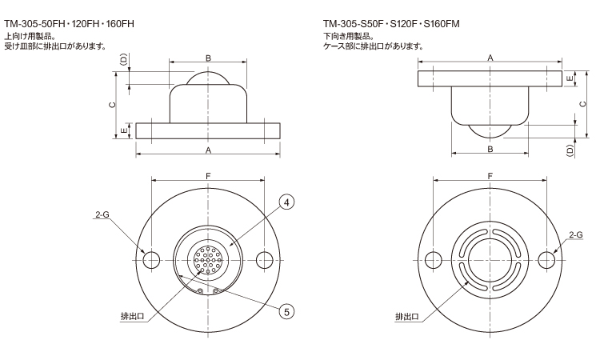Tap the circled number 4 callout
point(286,203)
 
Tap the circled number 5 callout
point(286,311)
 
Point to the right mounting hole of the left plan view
point(264,260)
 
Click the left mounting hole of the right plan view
point(434,260)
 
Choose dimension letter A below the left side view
point(208,150)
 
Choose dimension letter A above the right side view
point(490,57)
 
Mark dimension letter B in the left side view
point(208,58)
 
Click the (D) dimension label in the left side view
point(122,61)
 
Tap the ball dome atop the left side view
point(208,78)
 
